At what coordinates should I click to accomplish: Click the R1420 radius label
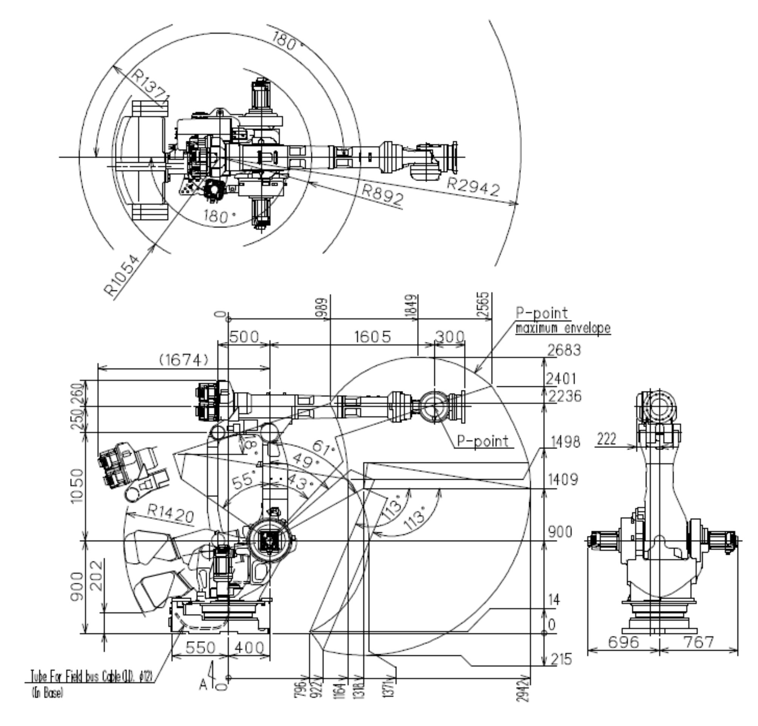pyautogui.click(x=170, y=514)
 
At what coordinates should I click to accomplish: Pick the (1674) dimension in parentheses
pyautogui.click(x=184, y=360)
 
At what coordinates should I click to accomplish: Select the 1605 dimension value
pyautogui.click(x=373, y=337)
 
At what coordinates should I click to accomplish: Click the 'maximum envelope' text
pyautogui.click(x=563, y=329)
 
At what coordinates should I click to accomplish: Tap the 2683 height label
pyautogui.click(x=564, y=351)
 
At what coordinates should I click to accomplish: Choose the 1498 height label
pyautogui.click(x=565, y=441)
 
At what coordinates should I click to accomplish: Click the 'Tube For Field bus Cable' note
pyautogui.click(x=92, y=677)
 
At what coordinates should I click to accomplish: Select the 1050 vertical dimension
pyautogui.click(x=77, y=486)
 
